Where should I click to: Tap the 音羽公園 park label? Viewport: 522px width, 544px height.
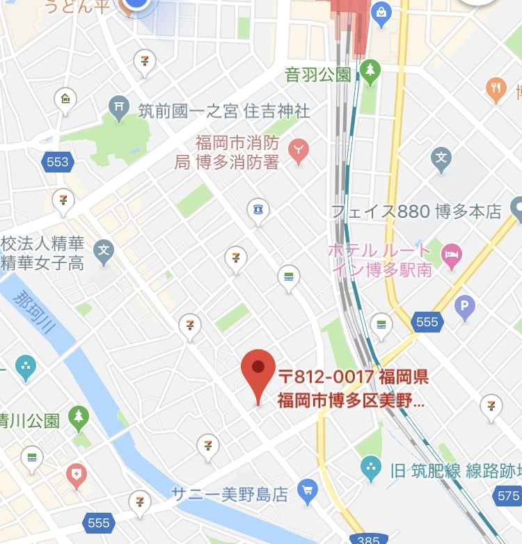point(317,74)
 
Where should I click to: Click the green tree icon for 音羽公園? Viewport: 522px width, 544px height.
point(370,70)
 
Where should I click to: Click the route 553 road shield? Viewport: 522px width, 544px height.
point(58,162)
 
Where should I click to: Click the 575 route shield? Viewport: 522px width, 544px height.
point(508,495)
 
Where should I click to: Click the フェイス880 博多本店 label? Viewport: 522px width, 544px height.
point(416,211)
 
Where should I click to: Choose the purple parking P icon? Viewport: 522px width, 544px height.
point(464,305)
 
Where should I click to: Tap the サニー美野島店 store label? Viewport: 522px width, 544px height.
point(230,495)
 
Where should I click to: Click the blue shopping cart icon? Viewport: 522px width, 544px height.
point(307,491)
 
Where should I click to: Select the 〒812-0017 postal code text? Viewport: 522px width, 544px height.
point(326,377)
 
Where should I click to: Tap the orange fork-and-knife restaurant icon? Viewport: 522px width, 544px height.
point(496,88)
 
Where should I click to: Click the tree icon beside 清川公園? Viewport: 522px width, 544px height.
point(78,417)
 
